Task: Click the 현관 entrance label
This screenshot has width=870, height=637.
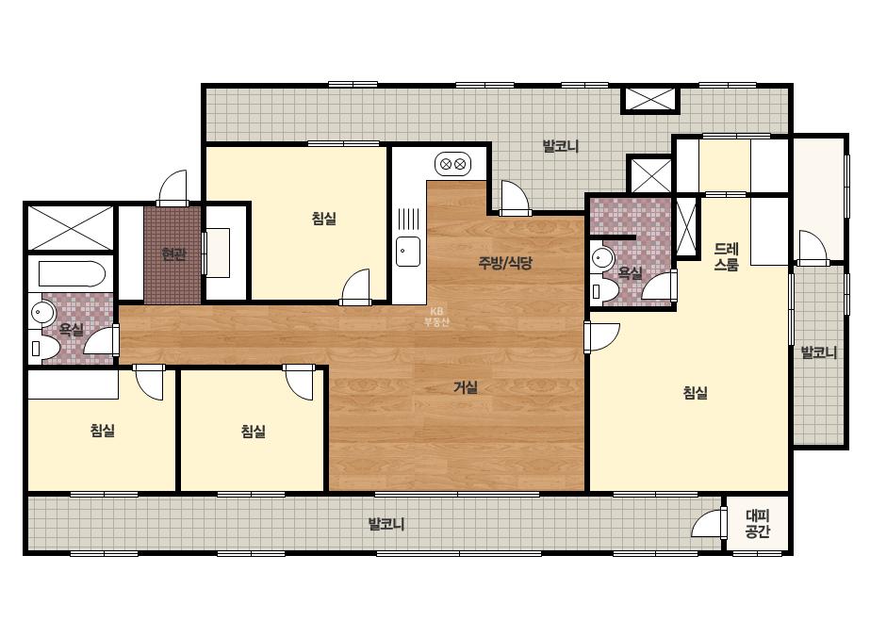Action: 173,254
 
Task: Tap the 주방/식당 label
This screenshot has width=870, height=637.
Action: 505,263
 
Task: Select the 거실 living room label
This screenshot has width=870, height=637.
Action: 465,386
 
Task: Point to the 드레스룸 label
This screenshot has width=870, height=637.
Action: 726,257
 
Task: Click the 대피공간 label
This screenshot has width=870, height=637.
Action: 758,524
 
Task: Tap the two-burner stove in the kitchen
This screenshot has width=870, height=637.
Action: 452,164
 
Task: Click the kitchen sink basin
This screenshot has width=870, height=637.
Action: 408,252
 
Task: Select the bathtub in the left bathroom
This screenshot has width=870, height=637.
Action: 72,274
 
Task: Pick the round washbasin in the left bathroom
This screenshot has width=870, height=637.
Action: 42,314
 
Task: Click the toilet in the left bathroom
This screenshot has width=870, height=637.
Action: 44,349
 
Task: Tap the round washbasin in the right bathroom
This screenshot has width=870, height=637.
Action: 603,258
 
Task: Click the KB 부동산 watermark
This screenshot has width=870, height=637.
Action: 436,317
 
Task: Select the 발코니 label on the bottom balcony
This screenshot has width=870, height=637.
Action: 386,523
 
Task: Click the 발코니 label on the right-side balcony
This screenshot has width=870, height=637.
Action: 818,352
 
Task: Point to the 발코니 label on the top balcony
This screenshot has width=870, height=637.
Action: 561,146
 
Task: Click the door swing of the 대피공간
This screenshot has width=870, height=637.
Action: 708,522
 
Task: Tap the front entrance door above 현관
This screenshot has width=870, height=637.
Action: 173,188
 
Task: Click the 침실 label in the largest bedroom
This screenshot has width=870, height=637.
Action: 696,393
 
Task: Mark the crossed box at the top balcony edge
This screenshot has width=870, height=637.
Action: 650,99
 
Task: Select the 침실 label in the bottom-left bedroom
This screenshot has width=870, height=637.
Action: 103,430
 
